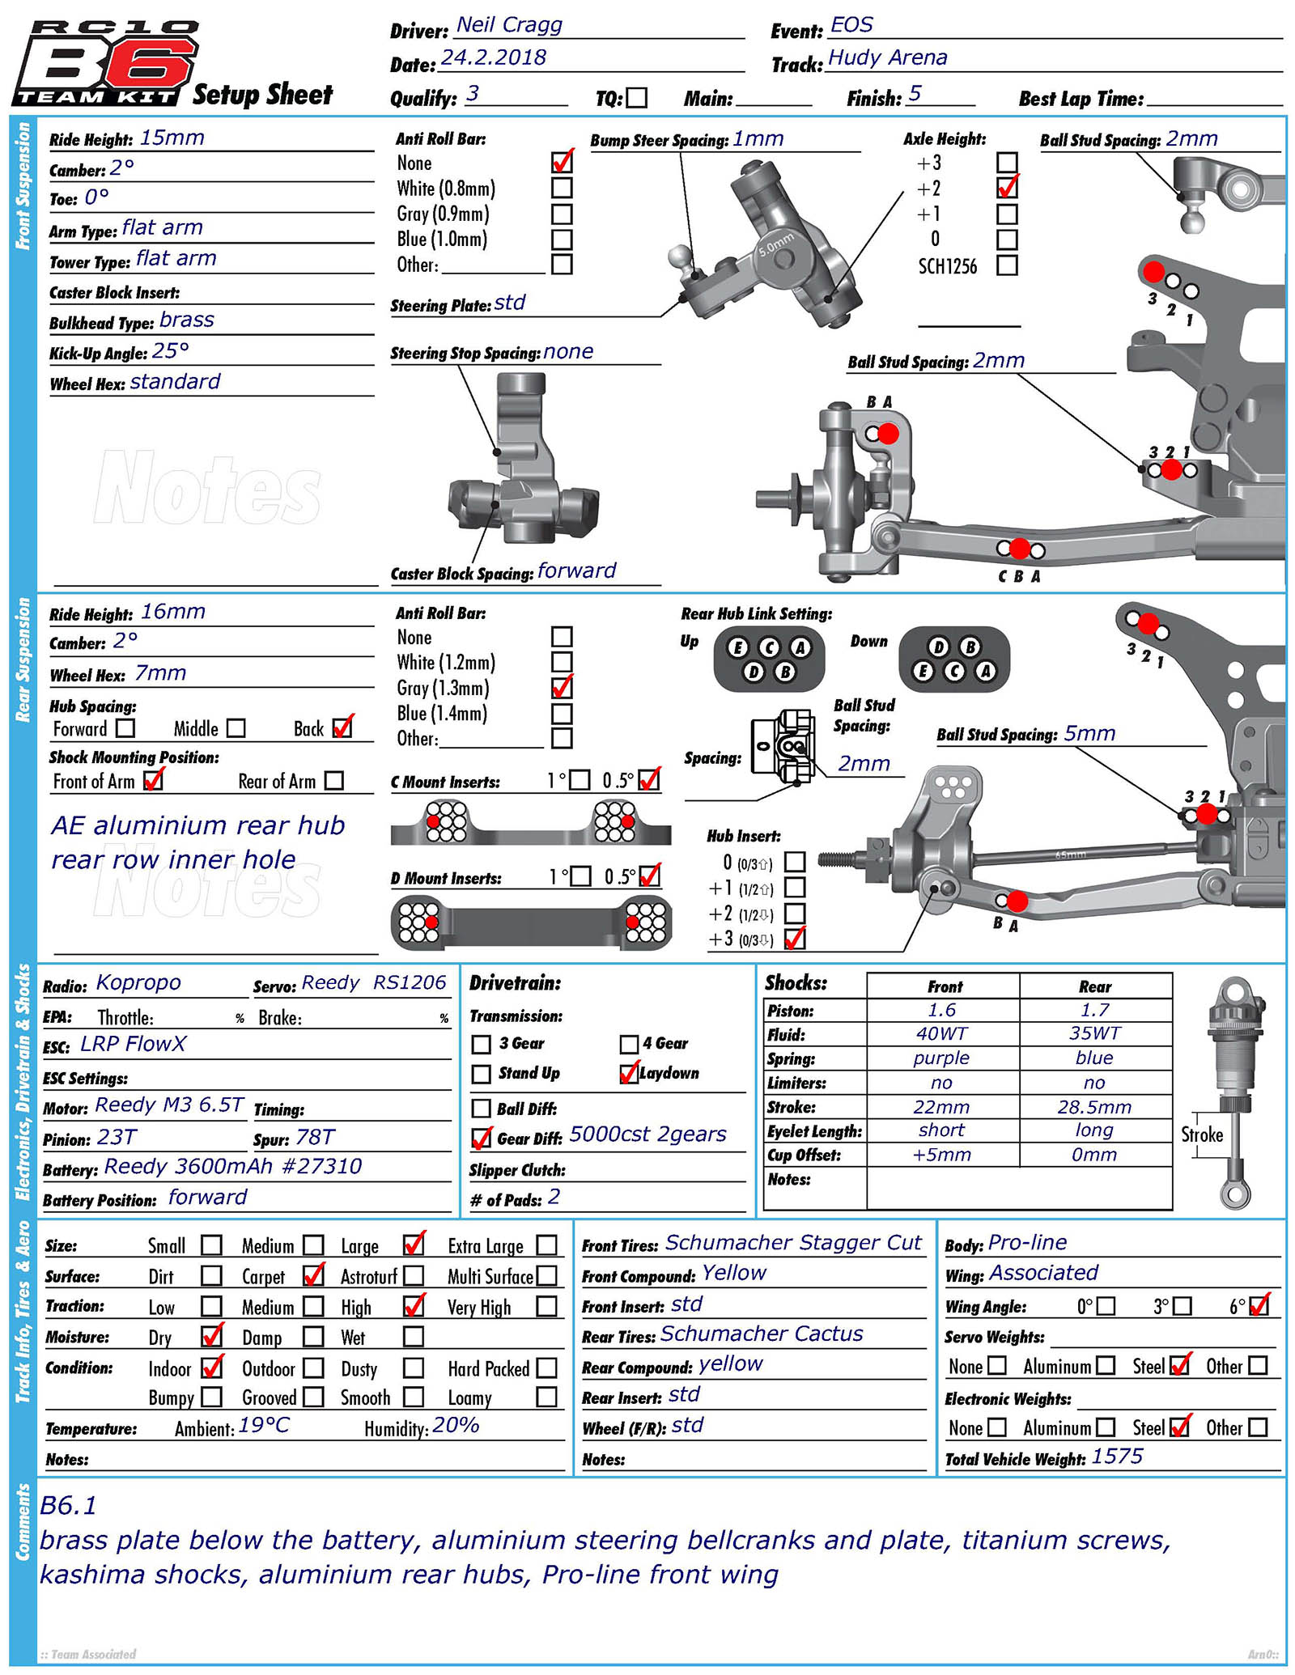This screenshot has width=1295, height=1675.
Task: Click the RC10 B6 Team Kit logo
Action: pyautogui.click(x=105, y=63)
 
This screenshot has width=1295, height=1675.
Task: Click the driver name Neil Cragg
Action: pyautogui.click(x=509, y=25)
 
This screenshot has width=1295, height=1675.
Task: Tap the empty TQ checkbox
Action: pyautogui.click(x=637, y=98)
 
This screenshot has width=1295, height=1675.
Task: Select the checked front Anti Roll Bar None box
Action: pyautogui.click(x=562, y=162)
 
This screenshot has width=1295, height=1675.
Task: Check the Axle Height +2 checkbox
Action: pyautogui.click(x=1007, y=188)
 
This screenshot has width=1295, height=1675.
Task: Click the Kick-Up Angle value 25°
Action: pyautogui.click(x=170, y=351)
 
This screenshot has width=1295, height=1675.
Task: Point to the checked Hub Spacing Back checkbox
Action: pyautogui.click(x=343, y=727)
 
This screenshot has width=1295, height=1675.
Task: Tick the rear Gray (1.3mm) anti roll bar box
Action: pyautogui.click(x=562, y=688)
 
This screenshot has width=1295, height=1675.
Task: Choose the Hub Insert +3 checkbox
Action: pyautogui.click(x=795, y=938)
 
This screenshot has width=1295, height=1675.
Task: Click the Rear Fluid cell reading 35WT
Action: pyautogui.click(x=1094, y=1033)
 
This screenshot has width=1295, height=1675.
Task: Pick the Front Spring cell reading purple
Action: pyautogui.click(x=941, y=1058)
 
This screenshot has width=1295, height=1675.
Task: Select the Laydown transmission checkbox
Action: pyautogui.click(x=629, y=1073)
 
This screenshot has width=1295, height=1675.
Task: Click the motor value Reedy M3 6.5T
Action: pyautogui.click(x=169, y=1105)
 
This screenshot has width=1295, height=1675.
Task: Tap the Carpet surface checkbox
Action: pyautogui.click(x=313, y=1275)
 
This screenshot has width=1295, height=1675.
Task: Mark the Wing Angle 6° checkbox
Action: pyautogui.click(x=1259, y=1306)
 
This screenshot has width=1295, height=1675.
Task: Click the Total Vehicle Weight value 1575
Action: pyautogui.click(x=1117, y=1457)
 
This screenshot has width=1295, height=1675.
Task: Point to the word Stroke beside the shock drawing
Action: pyautogui.click(x=1201, y=1134)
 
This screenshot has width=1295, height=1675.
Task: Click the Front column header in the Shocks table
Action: pyautogui.click(x=945, y=986)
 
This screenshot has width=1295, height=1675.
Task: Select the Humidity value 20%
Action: pyautogui.click(x=456, y=1425)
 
